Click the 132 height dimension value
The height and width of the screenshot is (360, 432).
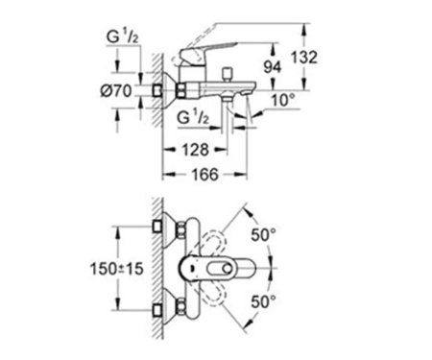click(303, 58)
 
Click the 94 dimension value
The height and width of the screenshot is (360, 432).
click(272, 67)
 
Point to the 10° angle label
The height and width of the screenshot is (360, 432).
click(283, 100)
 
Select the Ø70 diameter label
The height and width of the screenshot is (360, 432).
click(116, 91)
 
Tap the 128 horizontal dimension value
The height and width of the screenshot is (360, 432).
click(195, 150)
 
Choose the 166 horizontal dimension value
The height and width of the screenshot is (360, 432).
click(204, 175)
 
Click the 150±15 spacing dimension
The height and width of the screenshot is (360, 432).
click(116, 269)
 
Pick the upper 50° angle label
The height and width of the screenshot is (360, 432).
click(263, 235)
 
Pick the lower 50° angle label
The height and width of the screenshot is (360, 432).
click(263, 301)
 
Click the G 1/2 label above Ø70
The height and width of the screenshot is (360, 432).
click(122, 36)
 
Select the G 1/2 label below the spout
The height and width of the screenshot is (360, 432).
click(193, 117)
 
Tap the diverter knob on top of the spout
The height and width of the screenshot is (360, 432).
click(228, 74)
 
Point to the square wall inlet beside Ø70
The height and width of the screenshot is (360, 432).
click(156, 90)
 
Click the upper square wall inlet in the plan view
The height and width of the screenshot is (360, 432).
click(156, 227)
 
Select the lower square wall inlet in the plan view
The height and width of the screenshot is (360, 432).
click(156, 310)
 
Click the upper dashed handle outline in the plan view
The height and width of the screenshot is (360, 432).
click(214, 242)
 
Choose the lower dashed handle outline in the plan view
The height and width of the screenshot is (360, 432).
click(214, 296)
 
